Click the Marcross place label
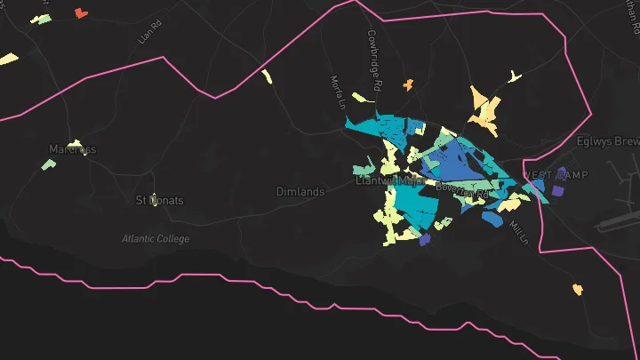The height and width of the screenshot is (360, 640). click(72, 148)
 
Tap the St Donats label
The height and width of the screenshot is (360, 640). click(159, 200)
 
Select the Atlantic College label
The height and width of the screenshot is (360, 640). click(156, 238)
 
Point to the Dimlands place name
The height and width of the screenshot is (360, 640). click(300, 191)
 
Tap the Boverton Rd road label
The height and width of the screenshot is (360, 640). click(462, 189)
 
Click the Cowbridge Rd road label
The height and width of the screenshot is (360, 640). click(374, 60)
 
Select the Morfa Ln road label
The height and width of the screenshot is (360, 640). click(339, 92)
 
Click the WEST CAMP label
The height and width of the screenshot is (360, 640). click(555, 175)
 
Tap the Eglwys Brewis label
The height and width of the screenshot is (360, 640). click(608, 140)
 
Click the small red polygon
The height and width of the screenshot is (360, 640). click(82, 12)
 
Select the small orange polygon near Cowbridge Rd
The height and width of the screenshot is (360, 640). click(409, 84)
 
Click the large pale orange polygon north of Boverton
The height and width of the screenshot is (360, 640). click(485, 111)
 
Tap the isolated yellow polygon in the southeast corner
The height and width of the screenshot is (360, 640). click(578, 289)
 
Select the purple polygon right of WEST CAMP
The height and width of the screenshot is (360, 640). click(558, 190)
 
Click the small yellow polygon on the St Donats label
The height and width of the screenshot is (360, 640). click(153, 196)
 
